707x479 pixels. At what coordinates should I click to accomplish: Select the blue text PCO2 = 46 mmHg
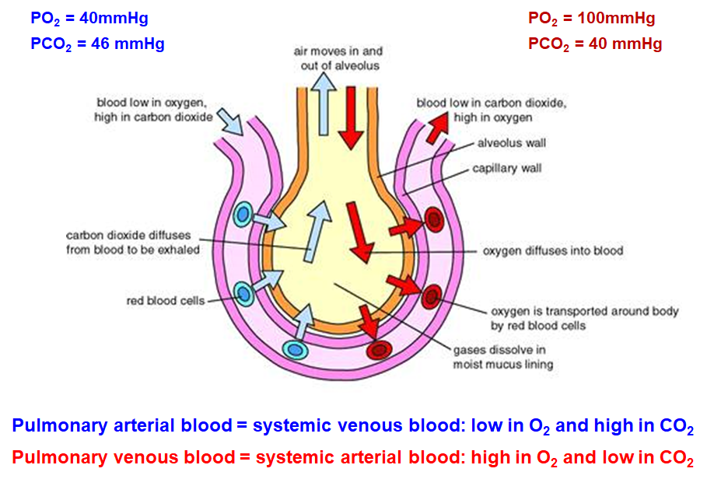coord(97,44)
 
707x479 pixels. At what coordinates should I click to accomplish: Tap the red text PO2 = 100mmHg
coord(591,18)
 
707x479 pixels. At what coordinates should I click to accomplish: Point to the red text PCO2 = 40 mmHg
coord(595,44)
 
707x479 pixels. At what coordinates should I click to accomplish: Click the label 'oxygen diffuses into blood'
coord(553,251)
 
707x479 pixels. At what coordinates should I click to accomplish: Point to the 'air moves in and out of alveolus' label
coord(339,58)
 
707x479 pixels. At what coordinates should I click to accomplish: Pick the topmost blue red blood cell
coord(244,214)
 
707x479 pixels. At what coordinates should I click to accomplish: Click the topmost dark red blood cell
coord(434,220)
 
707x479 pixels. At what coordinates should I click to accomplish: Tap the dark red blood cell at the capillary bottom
coord(380,350)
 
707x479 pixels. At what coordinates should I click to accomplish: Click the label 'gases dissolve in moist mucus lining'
coord(502,357)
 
